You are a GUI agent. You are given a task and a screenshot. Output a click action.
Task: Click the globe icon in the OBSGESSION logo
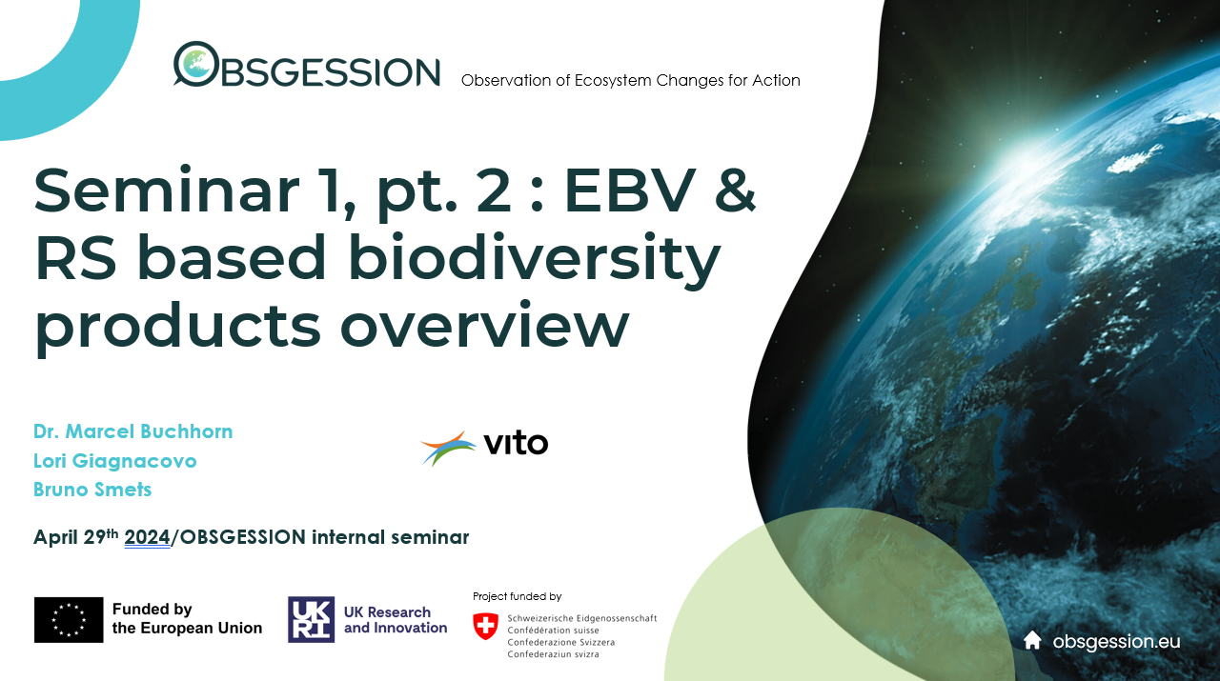coord(196,64)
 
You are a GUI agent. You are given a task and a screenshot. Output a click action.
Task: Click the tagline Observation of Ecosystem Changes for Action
coord(631,81)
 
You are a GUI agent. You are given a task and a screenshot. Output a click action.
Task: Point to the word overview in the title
coord(485,326)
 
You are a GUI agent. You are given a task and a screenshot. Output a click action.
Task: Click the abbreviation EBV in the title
coord(630,190)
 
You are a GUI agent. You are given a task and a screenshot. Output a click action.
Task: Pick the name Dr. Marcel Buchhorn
coord(132,431)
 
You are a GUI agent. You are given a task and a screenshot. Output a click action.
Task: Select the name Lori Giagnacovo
coord(115,461)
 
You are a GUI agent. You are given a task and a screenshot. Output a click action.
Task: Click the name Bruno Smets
coord(92,490)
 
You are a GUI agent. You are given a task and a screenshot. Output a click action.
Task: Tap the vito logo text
coord(516,444)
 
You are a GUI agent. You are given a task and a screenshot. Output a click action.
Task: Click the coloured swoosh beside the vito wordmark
coord(448,448)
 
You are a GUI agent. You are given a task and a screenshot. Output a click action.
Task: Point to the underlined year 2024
coord(147,537)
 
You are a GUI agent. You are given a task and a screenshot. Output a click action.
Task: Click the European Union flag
coord(69,620)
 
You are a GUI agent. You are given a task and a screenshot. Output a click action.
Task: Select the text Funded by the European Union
coord(187,618)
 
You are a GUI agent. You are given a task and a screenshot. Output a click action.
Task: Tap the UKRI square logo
coord(311,619)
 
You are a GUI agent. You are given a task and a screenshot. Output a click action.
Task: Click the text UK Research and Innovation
coord(396,620)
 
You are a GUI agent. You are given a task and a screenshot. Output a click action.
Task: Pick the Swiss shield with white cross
coord(485,626)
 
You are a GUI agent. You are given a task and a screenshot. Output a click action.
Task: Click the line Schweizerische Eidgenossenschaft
coord(582,618)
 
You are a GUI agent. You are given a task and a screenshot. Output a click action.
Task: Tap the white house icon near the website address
coord(1032,640)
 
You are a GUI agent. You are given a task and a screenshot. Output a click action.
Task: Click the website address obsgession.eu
coord(1116,642)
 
